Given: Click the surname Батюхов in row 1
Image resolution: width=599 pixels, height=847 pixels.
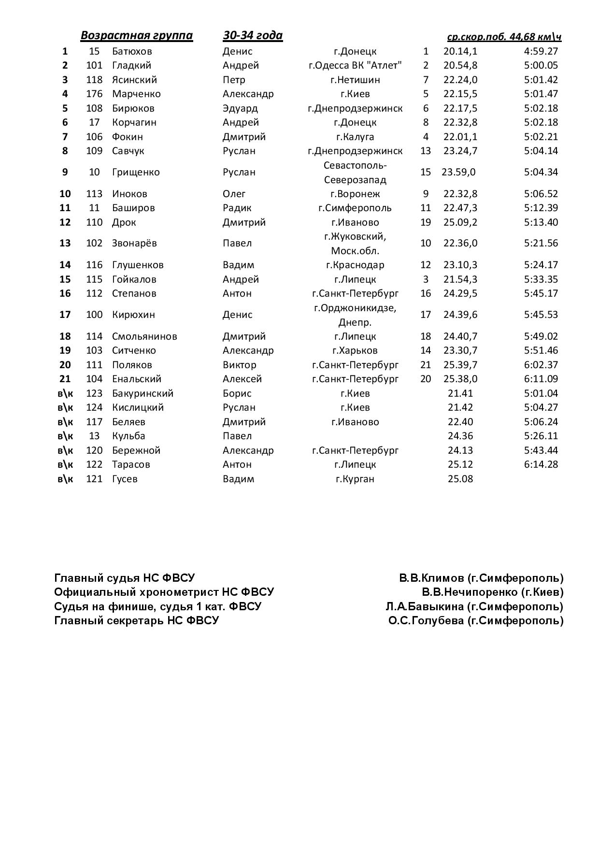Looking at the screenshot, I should point(132,51).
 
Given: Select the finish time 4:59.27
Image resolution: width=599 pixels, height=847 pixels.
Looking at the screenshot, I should point(541,51).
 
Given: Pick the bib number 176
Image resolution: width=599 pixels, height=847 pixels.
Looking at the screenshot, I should point(94,94).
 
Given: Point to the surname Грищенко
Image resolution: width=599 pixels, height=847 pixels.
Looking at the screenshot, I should point(136,172).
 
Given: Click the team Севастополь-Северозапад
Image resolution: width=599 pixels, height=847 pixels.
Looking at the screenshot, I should point(355,172).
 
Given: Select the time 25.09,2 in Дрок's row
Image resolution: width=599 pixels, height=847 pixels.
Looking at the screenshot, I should point(460,222).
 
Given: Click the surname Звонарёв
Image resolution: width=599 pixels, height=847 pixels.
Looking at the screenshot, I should point(134,243).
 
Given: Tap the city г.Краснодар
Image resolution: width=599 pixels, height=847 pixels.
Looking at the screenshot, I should point(355,265).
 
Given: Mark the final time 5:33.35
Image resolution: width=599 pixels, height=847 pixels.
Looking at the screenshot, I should point(541,279).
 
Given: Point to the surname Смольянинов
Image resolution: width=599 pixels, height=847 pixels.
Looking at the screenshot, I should point(144,336).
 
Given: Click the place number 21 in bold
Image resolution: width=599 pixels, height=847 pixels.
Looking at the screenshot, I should point(65,379).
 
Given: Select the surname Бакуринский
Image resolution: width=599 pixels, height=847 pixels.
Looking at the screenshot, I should point(143,393).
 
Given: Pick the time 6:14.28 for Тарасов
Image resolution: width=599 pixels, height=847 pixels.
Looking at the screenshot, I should point(541,464).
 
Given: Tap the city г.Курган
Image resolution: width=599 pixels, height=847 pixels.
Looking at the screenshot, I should point(355,479).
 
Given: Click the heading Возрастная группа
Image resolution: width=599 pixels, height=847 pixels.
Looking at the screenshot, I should point(136,35).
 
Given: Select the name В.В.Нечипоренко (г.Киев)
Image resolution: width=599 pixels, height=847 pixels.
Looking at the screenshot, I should point(492,592).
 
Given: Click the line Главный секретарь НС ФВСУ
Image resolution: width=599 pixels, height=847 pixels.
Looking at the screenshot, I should point(136,620).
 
